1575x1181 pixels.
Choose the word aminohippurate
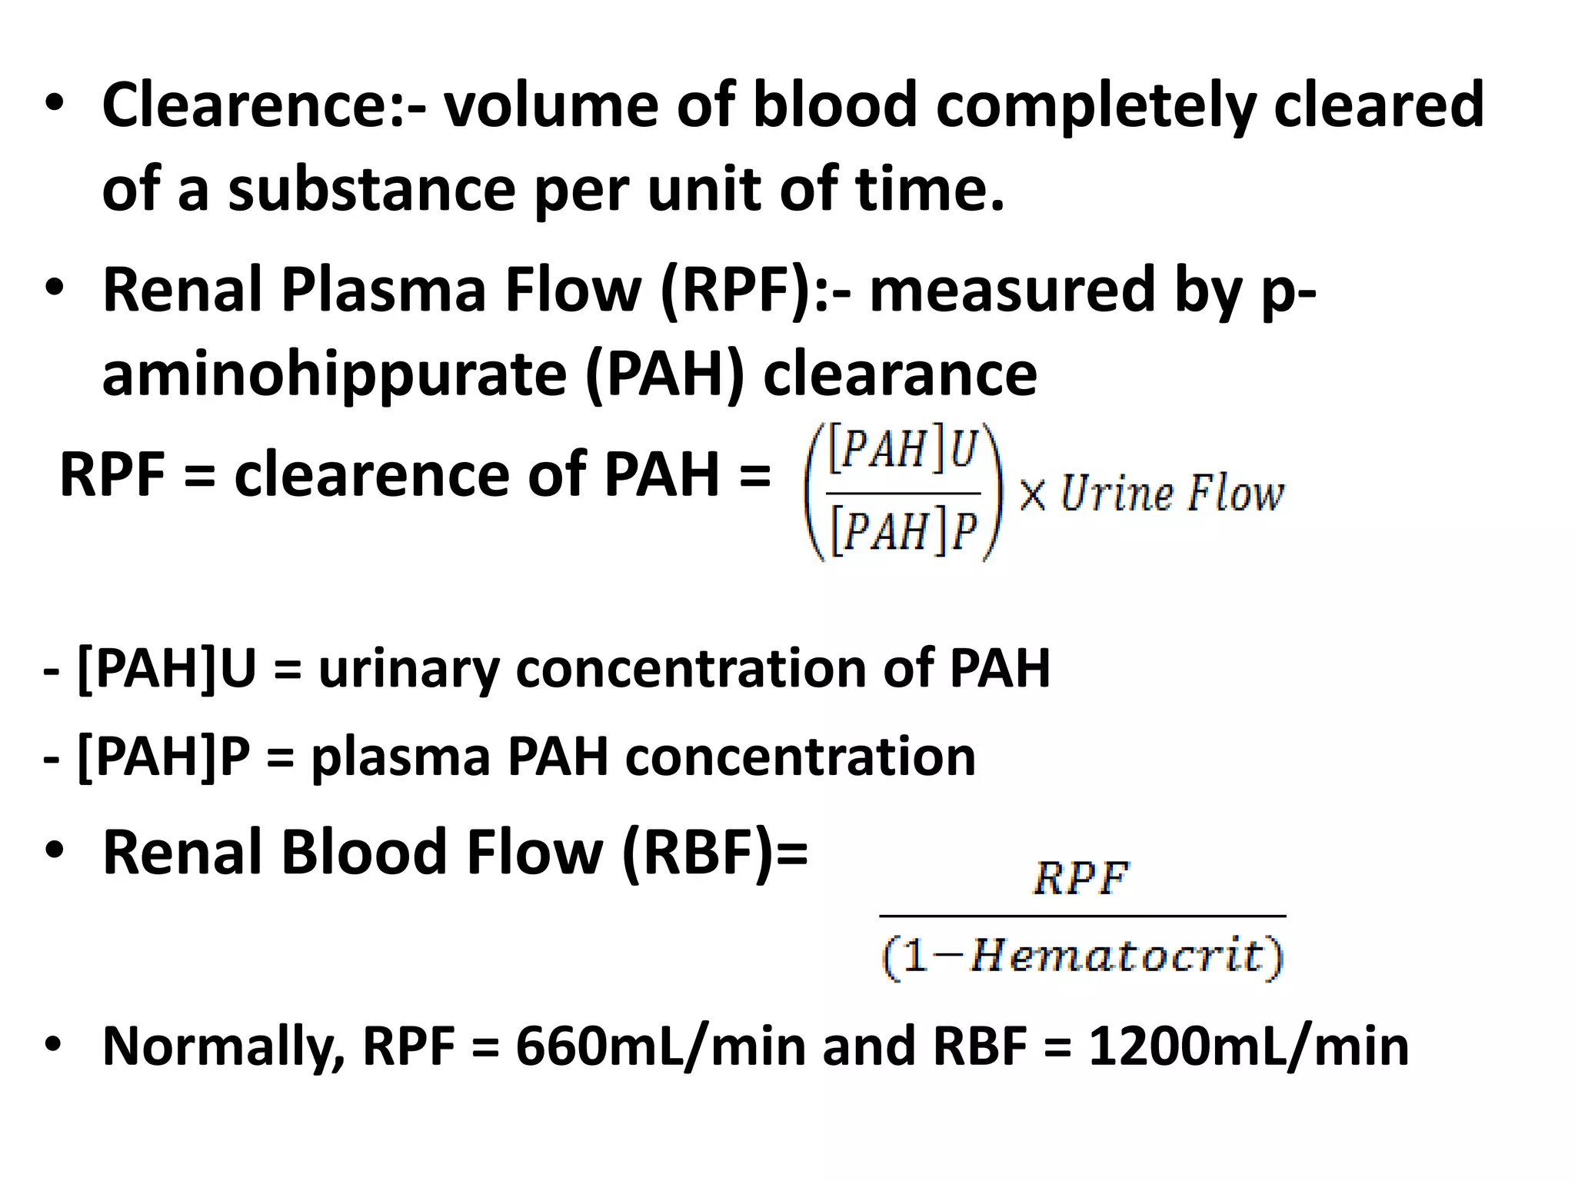point(334,375)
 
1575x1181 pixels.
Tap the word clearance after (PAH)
point(900,374)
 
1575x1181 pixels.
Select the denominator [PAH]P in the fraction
point(903,531)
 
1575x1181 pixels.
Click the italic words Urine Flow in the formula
point(1172,494)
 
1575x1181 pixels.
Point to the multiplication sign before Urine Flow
point(1033,494)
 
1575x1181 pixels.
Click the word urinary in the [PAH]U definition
point(409,668)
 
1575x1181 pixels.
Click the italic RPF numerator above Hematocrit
point(1081,878)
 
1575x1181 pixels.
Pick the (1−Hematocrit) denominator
point(1083,957)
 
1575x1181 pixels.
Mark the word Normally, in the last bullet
point(223,1047)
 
